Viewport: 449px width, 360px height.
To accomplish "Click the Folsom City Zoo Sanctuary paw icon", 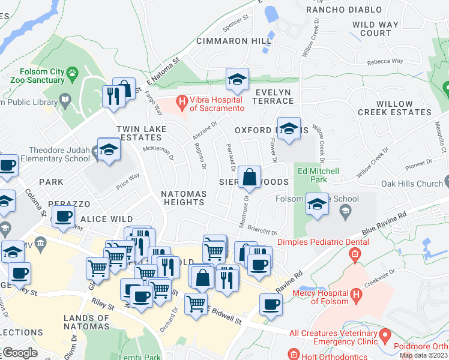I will tap(73, 74).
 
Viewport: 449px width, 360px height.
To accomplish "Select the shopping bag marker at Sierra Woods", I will tap(249, 177).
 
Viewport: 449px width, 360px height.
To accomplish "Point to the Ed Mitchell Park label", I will tap(318, 175).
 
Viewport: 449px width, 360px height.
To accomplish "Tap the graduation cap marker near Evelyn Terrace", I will tap(237, 79).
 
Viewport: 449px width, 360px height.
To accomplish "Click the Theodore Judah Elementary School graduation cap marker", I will tap(109, 149).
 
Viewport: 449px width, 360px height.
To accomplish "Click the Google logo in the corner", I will tap(19, 353).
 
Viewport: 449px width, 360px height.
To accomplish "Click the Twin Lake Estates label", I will tap(140, 133).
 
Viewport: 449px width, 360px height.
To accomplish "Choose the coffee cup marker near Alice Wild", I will tap(63, 216).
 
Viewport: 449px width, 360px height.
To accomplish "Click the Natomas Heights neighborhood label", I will tap(183, 198).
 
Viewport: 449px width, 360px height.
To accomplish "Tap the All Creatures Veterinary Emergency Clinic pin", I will tap(385, 333).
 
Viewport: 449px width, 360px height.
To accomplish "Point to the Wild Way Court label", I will tap(372, 29).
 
